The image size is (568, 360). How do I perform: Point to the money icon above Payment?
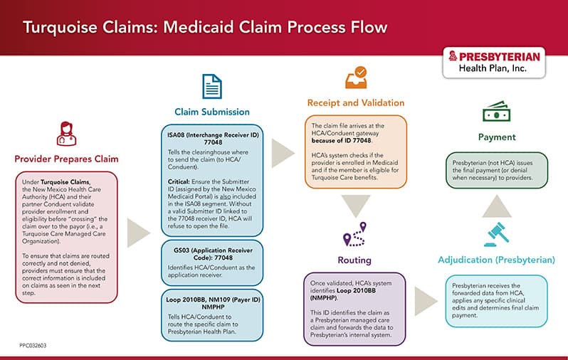pyautogui.click(x=496, y=112)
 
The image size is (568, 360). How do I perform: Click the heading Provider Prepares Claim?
pyautogui.click(x=66, y=158)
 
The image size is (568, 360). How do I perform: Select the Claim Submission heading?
pyautogui.click(x=212, y=112)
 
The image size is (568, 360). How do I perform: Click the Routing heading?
pyautogui.click(x=354, y=260)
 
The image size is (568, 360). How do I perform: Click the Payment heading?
pyautogui.click(x=496, y=137)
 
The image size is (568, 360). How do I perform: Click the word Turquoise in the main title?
pyautogui.click(x=61, y=28)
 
